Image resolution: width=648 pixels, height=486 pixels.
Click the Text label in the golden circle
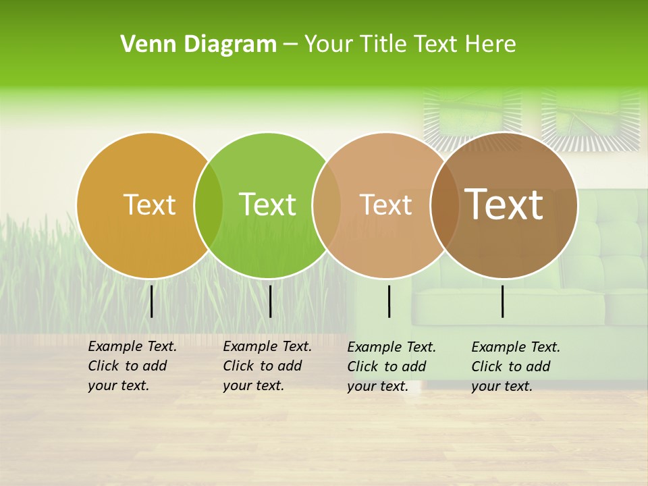tap(149, 205)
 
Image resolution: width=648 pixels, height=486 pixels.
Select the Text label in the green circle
tap(267, 205)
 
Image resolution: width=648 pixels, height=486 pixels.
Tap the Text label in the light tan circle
tap(385, 205)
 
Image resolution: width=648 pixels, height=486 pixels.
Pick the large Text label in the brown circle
tap(504, 205)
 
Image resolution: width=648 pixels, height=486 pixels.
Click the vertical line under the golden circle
tap(152, 301)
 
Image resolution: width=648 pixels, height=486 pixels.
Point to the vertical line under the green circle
tap(270, 301)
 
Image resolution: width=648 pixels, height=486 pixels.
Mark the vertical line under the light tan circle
tap(389, 301)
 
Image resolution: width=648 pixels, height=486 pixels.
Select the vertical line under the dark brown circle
tap(503, 301)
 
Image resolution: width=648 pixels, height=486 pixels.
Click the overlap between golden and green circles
tap(209, 205)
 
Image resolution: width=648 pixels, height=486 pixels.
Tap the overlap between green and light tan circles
tap(327, 205)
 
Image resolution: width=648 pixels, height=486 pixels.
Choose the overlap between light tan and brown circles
tap(445, 205)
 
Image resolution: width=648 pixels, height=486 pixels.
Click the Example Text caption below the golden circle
tap(132, 366)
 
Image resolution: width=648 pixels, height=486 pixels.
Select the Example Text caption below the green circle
tap(267, 366)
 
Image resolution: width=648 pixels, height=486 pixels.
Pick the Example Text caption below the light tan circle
tap(391, 367)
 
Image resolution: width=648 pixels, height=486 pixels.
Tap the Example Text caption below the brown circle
tap(516, 367)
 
